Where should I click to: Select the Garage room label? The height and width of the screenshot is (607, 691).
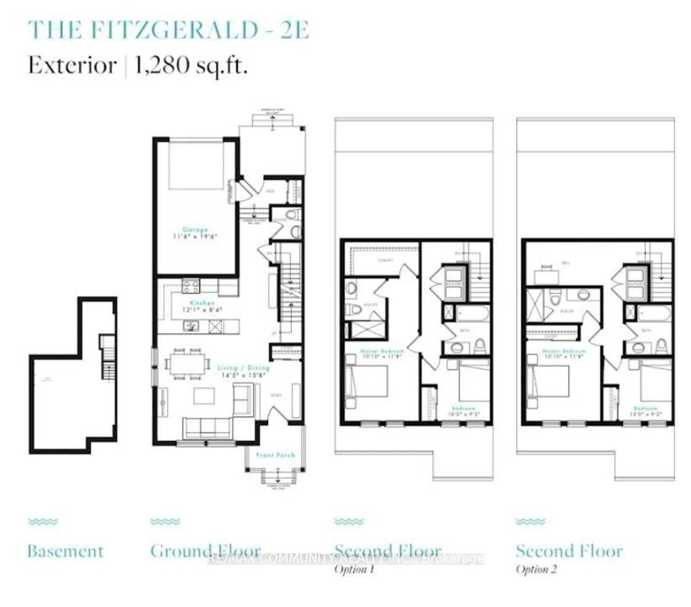[x=195, y=230]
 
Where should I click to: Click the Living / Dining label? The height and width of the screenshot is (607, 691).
[x=243, y=368]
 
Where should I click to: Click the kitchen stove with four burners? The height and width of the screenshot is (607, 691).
[x=191, y=286]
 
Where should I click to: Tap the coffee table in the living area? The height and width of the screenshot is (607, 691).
[x=204, y=396]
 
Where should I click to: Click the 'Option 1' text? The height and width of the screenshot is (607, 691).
[x=354, y=569]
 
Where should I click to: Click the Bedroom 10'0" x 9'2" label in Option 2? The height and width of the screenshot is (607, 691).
[x=646, y=411]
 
